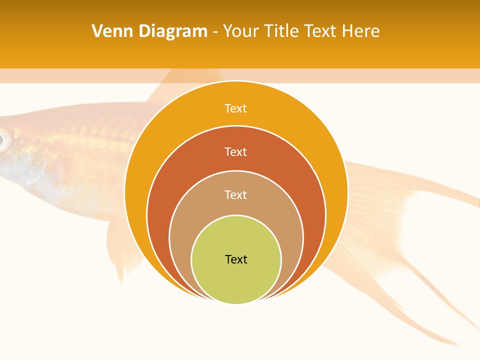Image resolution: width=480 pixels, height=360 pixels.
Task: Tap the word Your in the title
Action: (241, 31)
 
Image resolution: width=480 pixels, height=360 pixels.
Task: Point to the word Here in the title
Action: (360, 31)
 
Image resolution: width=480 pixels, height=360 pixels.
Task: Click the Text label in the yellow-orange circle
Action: (235, 108)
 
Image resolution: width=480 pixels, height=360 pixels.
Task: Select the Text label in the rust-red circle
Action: (235, 151)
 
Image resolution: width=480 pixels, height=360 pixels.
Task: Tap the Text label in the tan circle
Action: (235, 194)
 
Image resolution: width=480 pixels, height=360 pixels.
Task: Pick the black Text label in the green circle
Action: (236, 259)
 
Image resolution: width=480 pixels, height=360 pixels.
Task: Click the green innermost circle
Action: (236, 280)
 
